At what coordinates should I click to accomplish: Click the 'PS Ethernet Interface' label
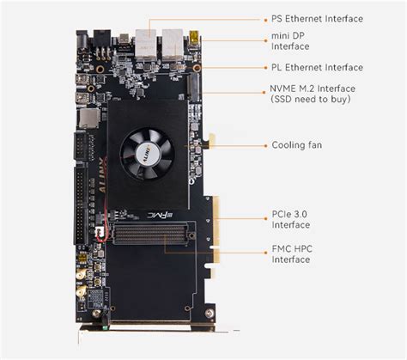pos(316,18)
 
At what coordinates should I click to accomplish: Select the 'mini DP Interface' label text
pos(292,42)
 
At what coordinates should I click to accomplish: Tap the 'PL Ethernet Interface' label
pos(316,67)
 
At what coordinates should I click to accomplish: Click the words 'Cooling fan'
pos(297,145)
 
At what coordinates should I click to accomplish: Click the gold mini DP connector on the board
pos(195,38)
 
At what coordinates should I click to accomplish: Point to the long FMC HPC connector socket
pos(153,232)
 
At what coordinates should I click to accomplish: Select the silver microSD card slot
pos(87,118)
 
